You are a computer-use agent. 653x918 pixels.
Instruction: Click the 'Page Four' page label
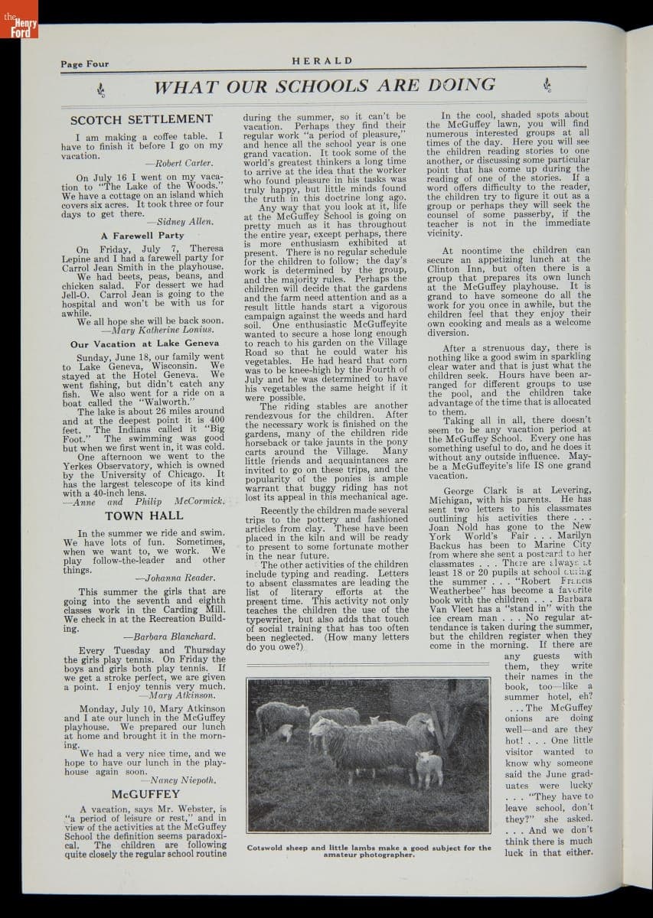point(84,64)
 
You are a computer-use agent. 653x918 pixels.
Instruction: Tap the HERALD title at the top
point(322,61)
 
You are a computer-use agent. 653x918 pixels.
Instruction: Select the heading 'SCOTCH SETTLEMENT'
point(142,119)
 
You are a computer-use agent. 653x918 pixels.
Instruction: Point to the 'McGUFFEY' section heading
point(145,794)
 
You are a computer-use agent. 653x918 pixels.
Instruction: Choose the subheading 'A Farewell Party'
point(142,236)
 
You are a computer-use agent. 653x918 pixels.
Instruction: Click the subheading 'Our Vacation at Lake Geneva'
point(145,344)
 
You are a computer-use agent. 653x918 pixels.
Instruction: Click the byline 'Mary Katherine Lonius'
point(168,330)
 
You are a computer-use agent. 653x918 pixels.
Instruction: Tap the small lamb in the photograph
point(429,767)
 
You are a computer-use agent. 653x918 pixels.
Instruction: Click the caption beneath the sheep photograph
point(369,851)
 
